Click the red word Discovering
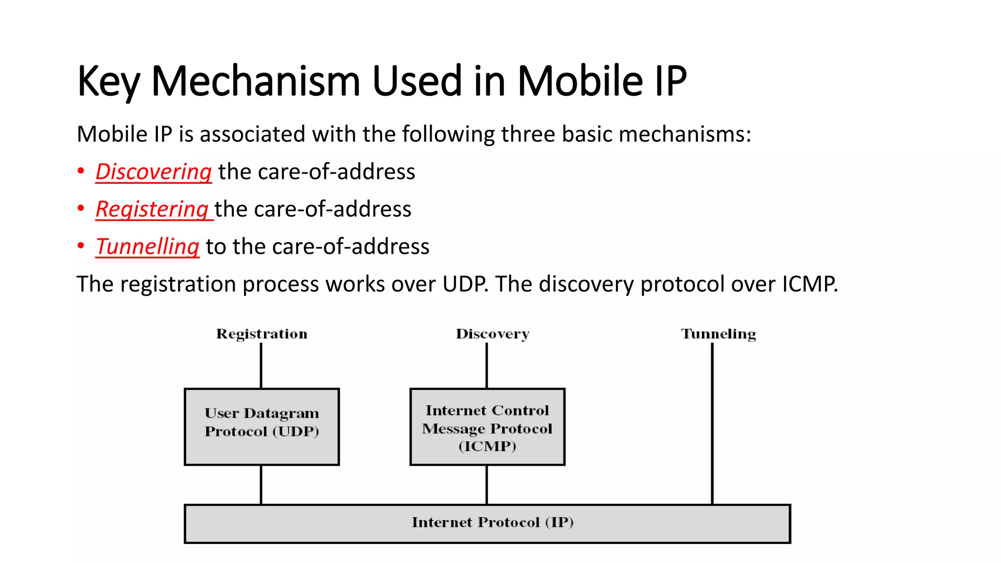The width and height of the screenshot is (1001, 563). [153, 172]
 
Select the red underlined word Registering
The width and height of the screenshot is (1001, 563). [152, 210]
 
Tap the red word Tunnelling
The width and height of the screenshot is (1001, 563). [147, 247]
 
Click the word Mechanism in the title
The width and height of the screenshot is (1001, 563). [256, 81]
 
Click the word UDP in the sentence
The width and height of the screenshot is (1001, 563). [464, 284]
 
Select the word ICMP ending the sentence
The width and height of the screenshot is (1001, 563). [809, 284]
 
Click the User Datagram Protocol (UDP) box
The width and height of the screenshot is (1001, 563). [261, 427]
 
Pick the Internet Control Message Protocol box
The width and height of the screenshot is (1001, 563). [487, 427]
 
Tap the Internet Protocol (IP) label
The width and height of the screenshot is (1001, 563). [492, 522]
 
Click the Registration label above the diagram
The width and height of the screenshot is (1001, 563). [261, 334]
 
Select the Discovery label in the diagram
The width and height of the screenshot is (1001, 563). [492, 334]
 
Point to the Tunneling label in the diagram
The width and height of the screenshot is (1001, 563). [718, 334]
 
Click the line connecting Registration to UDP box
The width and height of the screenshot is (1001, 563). [261, 366]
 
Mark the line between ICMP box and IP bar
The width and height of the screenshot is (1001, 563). [487, 485]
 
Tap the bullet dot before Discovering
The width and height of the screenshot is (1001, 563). [81, 172]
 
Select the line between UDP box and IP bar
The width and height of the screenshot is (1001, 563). [261, 485]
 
